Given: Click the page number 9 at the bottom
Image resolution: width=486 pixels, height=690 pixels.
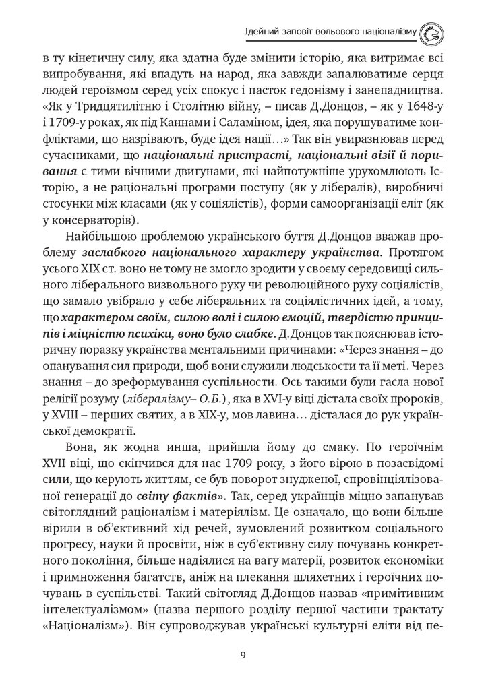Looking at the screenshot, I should pyautogui.click(x=243, y=654).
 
